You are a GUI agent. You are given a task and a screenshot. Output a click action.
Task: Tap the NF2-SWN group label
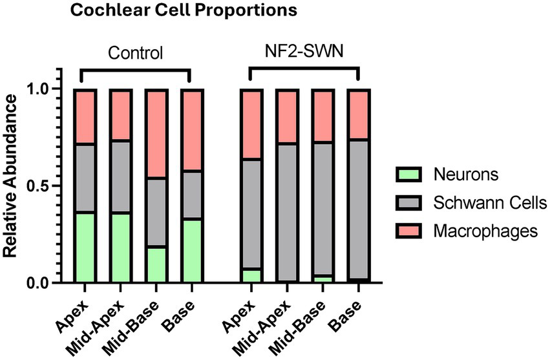coord(304,52)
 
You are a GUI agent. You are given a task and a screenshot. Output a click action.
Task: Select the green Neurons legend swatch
coord(407,175)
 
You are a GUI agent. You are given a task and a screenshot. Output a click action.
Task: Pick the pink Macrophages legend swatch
coord(407,231)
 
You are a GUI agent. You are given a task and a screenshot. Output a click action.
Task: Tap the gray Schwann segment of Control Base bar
coord(192,195)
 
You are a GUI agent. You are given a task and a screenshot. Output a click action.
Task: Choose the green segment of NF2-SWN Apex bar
coord(251,275)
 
